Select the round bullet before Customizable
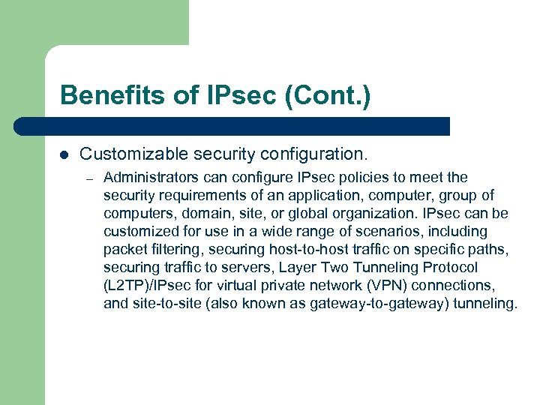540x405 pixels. click(x=64, y=155)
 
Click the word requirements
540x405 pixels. click(x=197, y=196)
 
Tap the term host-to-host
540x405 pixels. click(x=299, y=250)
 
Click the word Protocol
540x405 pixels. click(x=448, y=268)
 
